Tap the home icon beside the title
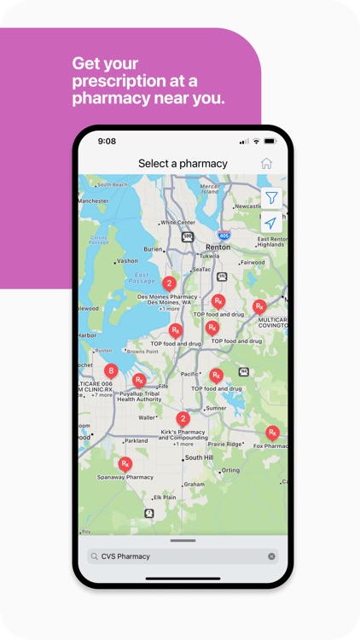(x=266, y=163)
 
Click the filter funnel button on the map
(x=270, y=198)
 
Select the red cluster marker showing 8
(x=111, y=371)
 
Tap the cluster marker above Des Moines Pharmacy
(x=169, y=283)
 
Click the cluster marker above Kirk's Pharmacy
(x=183, y=419)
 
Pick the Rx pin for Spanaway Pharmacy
(x=125, y=464)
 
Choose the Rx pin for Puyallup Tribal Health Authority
(x=139, y=381)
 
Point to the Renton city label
(x=218, y=247)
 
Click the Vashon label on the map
(x=127, y=261)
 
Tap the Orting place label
(x=229, y=470)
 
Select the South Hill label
(x=199, y=457)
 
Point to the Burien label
(x=154, y=249)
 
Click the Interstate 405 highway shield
(x=224, y=235)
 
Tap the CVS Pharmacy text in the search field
(x=125, y=556)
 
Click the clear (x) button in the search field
(x=272, y=556)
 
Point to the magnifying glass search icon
(x=95, y=556)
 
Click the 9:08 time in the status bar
(x=107, y=141)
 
